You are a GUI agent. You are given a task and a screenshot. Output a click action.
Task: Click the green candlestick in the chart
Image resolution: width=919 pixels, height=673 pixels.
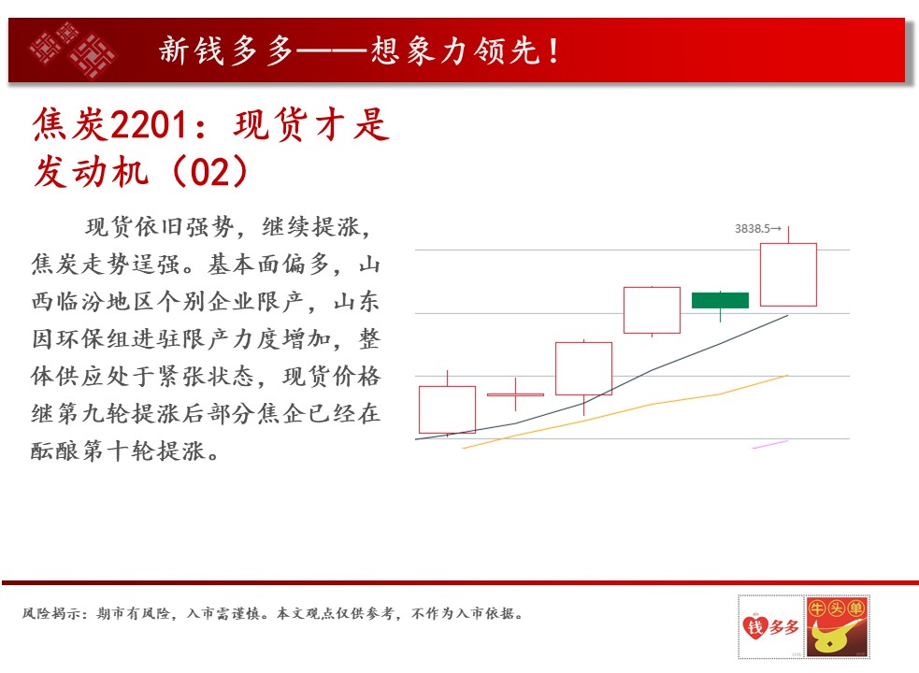point(720,300)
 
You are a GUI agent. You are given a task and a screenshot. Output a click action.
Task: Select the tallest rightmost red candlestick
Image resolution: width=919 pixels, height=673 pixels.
point(788,275)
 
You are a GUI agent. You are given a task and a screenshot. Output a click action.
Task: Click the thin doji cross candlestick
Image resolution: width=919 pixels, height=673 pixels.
point(516,394)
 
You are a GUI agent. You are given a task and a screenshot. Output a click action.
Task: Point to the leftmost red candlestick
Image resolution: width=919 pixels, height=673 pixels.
point(447,409)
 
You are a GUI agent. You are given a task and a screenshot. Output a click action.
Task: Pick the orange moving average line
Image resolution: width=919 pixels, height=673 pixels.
point(625,411)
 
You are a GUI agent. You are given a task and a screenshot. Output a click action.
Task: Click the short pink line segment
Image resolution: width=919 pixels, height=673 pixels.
point(770,444)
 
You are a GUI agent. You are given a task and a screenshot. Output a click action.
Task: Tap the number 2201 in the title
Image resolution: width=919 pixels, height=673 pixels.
point(149,125)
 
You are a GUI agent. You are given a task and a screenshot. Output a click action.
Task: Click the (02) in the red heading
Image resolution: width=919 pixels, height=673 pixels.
point(209,172)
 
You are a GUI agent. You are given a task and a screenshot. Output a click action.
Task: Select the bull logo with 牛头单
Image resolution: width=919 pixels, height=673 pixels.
point(837,626)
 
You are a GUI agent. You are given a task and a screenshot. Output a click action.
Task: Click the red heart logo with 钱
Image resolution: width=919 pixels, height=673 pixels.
point(755,626)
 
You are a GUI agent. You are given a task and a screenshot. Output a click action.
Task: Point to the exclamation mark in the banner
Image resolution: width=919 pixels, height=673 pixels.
point(553,50)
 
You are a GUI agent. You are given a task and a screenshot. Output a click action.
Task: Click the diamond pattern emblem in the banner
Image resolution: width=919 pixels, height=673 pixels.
point(73,50)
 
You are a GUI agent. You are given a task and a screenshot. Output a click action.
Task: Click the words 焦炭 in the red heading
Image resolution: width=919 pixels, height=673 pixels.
point(70,125)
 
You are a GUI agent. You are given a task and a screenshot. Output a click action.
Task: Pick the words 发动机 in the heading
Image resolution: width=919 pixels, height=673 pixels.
point(92,172)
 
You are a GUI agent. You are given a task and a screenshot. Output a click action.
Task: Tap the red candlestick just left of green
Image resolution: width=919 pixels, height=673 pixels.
point(652,310)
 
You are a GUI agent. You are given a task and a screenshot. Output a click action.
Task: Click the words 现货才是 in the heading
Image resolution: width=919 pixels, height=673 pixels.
point(312,125)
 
